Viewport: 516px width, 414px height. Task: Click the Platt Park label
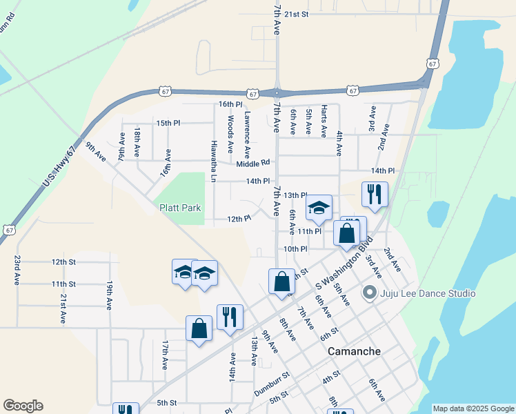pos(180,207)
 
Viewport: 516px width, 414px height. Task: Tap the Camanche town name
pos(354,351)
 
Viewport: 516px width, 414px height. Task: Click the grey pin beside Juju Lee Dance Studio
pos(369,293)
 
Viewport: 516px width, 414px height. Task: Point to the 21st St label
pos(297,14)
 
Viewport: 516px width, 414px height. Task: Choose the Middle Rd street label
pos(252,164)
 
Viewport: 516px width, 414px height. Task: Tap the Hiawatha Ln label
pos(214,164)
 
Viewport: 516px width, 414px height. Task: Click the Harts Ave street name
pos(324,121)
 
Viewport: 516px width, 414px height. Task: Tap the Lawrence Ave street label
pos(246,135)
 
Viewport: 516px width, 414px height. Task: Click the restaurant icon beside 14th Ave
pos(230,317)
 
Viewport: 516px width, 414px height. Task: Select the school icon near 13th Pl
pos(319,208)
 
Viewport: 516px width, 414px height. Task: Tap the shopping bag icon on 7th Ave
pos(281,282)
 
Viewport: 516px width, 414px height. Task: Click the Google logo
pos(23,406)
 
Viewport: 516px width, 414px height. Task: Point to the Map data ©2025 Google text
pos(473,408)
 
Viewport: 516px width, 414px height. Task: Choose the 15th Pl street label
pos(168,123)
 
